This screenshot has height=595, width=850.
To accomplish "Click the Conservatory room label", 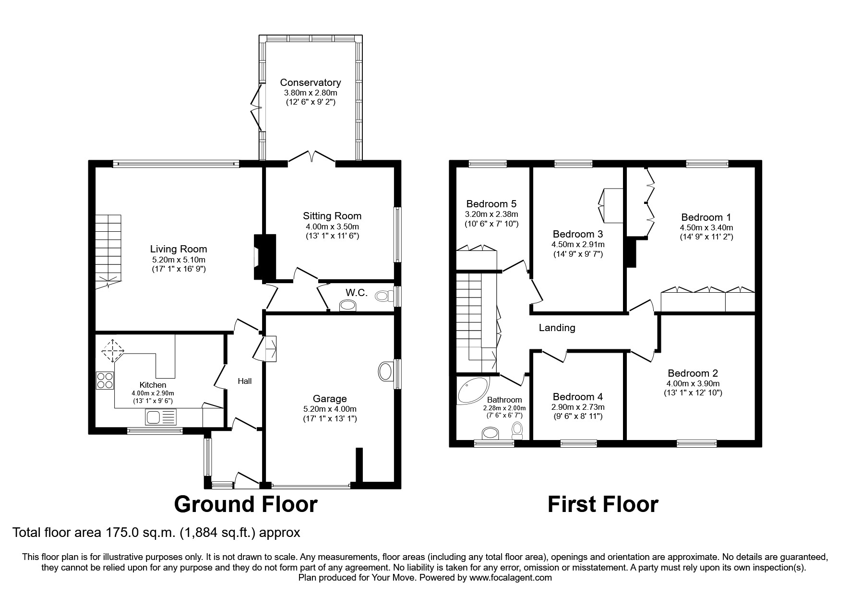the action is tap(311, 83).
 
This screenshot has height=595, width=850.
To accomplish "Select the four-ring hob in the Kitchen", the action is tap(105, 380).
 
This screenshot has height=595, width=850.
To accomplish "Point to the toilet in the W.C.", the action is tap(383, 296).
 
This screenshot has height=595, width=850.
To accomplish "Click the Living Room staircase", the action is tap(108, 251).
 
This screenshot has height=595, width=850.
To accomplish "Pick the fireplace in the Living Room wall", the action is tap(263, 257).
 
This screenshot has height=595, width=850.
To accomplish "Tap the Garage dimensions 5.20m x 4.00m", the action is tap(330, 409).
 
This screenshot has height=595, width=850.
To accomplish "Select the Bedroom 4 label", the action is tap(577, 397).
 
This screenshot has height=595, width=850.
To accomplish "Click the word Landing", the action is tap(557, 328).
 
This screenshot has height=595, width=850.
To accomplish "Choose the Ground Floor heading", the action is tap(245, 504).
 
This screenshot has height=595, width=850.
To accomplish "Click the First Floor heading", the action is tap(603, 504).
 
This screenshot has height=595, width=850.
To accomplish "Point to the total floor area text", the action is tap(156, 533).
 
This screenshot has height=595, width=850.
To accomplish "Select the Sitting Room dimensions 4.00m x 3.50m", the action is tap(332, 226).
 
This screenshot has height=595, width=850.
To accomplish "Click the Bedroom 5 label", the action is tap(491, 204).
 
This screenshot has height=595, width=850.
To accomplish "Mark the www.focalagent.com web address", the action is tap(510, 578).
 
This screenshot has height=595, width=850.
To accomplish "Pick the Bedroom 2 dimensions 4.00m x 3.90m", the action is tap(693, 383).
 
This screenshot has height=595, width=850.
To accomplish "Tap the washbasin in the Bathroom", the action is tap(490, 434).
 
